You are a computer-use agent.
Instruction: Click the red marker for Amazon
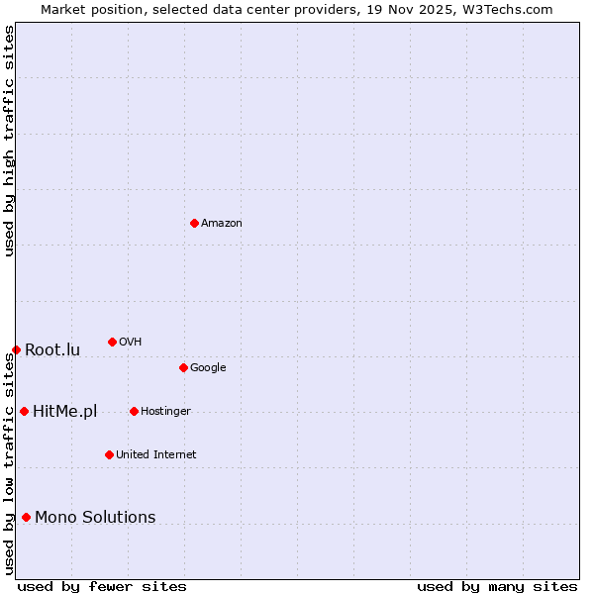[x=194, y=223]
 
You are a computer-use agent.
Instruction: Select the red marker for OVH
[x=112, y=342]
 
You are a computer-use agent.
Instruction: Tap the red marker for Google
[x=183, y=367]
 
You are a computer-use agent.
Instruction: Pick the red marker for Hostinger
[x=134, y=411]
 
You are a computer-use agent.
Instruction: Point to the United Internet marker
[x=109, y=454]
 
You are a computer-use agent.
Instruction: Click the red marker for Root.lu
[x=16, y=349]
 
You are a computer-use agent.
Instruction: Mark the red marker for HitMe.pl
[x=24, y=411]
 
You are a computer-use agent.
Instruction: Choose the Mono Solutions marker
[x=26, y=517]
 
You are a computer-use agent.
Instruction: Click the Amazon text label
[x=222, y=224]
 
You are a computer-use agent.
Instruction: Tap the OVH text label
[x=130, y=343]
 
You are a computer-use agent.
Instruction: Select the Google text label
[x=208, y=368]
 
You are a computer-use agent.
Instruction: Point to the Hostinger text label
[x=165, y=412]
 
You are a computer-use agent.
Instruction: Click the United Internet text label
[x=155, y=455]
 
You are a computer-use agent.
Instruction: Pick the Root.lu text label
[x=52, y=350]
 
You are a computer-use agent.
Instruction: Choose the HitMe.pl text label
[x=64, y=412]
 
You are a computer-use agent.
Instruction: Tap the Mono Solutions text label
[x=95, y=518]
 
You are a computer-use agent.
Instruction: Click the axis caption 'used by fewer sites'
[x=102, y=586]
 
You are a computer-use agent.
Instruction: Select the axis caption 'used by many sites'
[x=497, y=586]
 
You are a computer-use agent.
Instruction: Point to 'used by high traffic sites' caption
[x=9, y=141]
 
